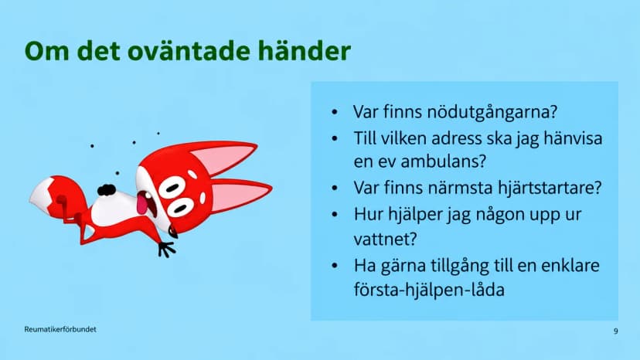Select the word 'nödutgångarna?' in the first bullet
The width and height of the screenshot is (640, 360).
[492, 112]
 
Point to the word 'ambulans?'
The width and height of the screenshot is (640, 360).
[444, 161]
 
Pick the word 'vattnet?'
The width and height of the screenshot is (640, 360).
[385, 239]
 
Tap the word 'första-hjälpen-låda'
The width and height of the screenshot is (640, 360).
[429, 290]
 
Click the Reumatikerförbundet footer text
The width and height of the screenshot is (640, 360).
[60, 329]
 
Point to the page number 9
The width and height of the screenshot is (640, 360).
[616, 331]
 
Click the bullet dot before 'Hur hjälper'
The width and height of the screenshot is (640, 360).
[335, 214]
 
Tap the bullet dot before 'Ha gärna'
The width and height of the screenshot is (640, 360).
[335, 266]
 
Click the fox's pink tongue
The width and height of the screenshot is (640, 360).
[141, 203]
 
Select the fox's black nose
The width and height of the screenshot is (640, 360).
[107, 190]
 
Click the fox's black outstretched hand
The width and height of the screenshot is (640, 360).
[166, 249]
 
